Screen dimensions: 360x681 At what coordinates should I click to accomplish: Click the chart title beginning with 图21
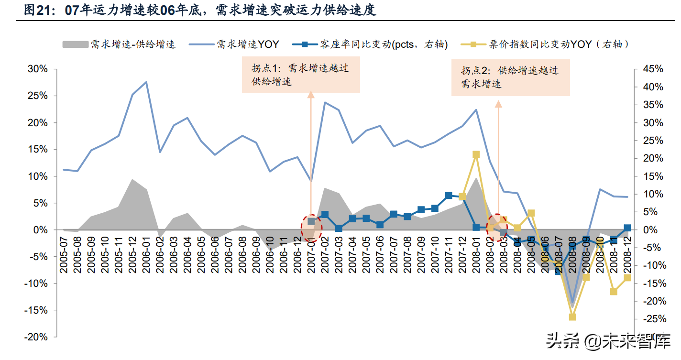(200, 11)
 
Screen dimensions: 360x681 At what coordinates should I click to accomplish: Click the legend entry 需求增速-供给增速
(119, 44)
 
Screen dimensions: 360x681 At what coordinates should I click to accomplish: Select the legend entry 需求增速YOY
(234, 44)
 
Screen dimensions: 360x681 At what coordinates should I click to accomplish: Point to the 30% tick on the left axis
(37, 69)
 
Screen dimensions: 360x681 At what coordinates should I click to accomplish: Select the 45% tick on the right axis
(653, 69)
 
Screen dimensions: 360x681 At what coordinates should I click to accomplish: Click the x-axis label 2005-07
(64, 255)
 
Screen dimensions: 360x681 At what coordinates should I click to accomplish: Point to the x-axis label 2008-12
(627, 255)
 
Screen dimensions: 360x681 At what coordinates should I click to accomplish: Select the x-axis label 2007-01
(311, 255)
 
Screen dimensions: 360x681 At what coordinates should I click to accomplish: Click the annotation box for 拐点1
(301, 75)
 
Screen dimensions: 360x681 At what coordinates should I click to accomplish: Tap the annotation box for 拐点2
(510, 77)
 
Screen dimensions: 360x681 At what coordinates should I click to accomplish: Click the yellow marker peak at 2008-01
(476, 154)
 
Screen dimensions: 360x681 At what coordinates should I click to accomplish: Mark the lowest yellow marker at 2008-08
(572, 317)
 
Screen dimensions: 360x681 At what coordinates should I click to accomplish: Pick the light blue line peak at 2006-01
(146, 82)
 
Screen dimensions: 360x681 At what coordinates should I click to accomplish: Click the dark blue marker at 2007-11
(449, 196)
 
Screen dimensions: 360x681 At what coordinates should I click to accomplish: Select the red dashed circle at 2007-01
(311, 228)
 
